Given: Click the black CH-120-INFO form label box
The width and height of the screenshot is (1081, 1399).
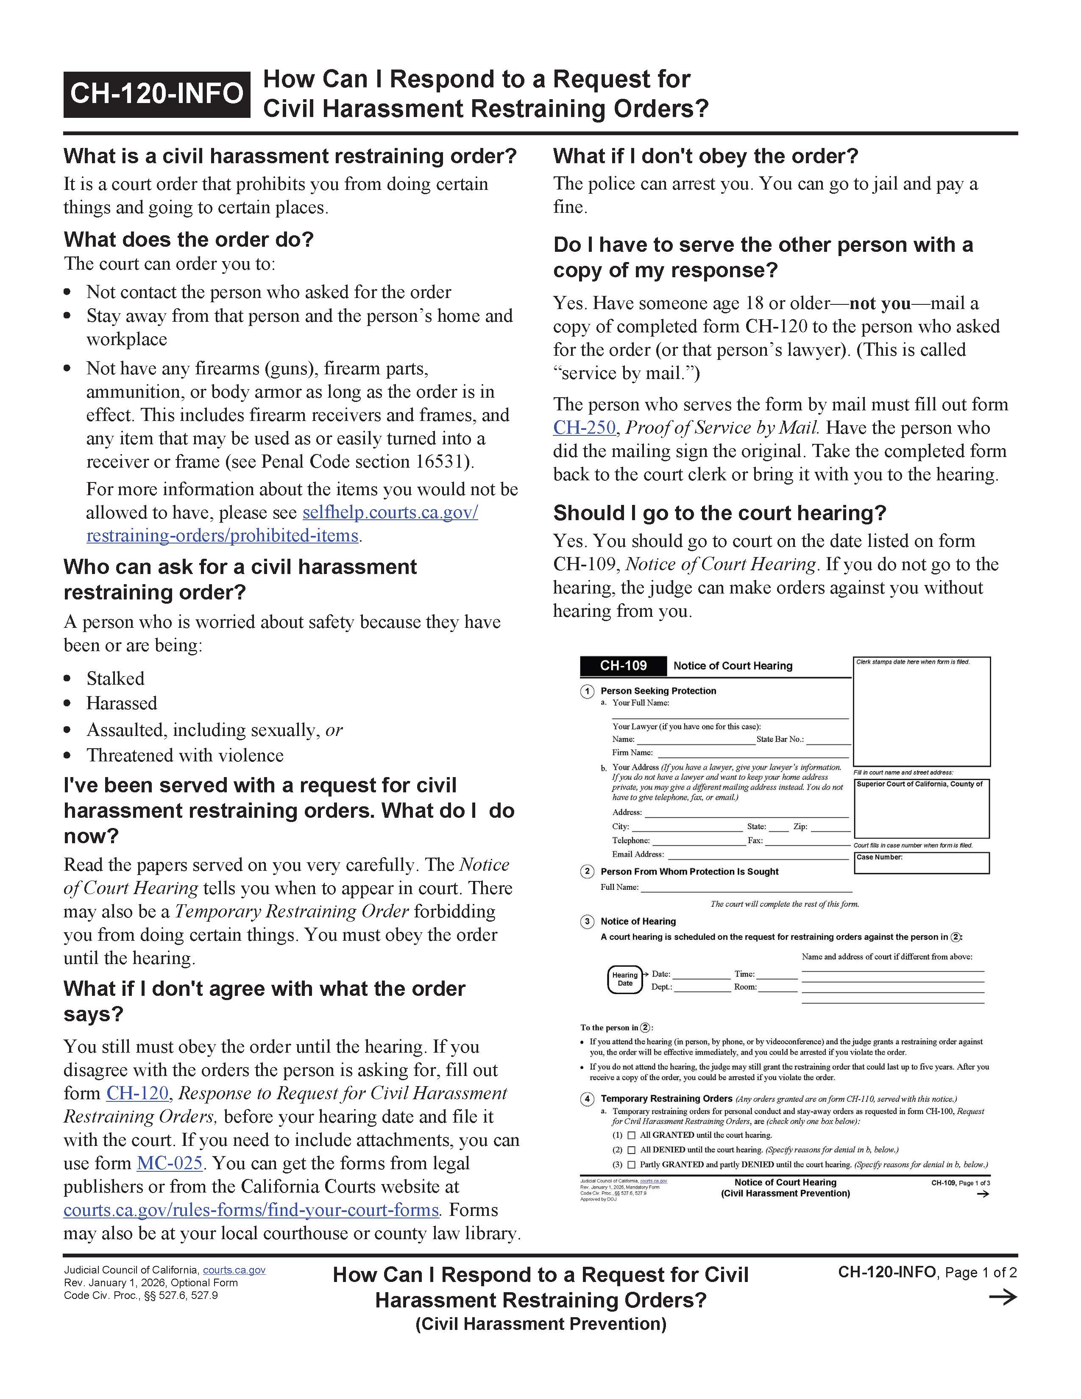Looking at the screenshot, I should click(156, 94).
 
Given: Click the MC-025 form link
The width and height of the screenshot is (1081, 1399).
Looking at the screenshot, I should click(169, 1163).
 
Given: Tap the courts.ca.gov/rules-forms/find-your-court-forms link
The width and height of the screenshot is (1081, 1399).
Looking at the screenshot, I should click(251, 1210).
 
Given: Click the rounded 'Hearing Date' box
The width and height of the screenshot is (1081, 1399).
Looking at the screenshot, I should click(624, 979).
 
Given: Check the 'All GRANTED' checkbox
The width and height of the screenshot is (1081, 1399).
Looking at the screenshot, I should click(632, 1135).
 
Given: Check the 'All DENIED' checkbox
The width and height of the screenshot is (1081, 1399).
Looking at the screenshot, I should click(632, 1150).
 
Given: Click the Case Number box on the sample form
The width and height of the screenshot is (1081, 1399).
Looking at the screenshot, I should click(922, 863).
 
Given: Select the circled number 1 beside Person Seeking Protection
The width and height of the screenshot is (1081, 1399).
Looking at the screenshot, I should click(587, 692).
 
